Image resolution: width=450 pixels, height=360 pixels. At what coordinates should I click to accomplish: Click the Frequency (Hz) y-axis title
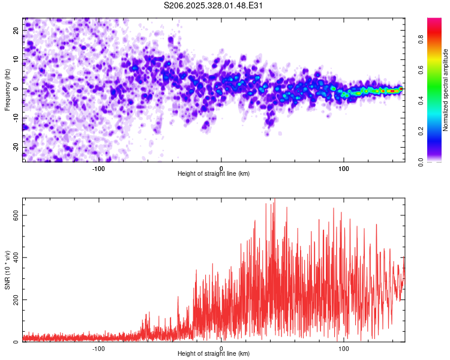[x=8, y=89]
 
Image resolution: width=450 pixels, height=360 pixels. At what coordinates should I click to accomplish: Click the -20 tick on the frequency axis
[x=16, y=148]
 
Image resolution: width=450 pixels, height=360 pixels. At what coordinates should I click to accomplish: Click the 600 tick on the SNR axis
[x=14, y=215]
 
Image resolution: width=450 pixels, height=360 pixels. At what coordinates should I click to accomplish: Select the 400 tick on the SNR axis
[x=14, y=257]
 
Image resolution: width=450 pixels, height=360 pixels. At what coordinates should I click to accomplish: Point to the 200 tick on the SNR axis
[x=14, y=300]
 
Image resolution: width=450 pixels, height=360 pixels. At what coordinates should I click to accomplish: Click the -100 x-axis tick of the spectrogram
[x=98, y=168]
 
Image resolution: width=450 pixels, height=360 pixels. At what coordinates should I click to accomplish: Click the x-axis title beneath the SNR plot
[x=214, y=354]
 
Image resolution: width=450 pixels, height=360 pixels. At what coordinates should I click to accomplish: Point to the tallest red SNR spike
[x=274, y=200]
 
